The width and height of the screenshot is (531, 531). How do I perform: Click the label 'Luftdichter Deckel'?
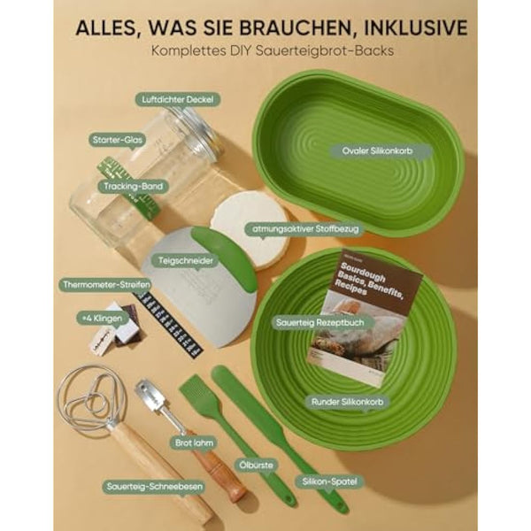point(178,100)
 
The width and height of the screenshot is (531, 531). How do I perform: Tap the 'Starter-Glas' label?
point(117,140)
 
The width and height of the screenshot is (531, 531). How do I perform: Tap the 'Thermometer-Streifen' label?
point(105,285)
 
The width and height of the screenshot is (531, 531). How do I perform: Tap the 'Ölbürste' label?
point(255,461)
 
